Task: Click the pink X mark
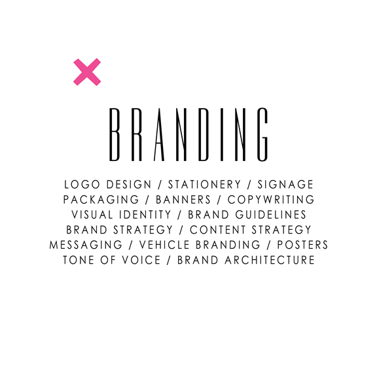(x=87, y=72)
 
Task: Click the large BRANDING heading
(x=188, y=134)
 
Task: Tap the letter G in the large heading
(x=263, y=134)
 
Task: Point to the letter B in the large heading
(x=115, y=134)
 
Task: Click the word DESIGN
(x=129, y=185)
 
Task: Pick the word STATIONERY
(x=204, y=185)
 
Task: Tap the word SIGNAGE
(x=285, y=185)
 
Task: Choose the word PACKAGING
(x=101, y=200)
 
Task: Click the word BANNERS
(x=183, y=200)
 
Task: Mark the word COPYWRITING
(x=271, y=200)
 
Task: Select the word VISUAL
(x=92, y=215)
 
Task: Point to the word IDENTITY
(x=145, y=215)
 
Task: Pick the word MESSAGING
(x=86, y=245)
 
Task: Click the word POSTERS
(x=302, y=245)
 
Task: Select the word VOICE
(x=141, y=260)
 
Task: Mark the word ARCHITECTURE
(x=270, y=260)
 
